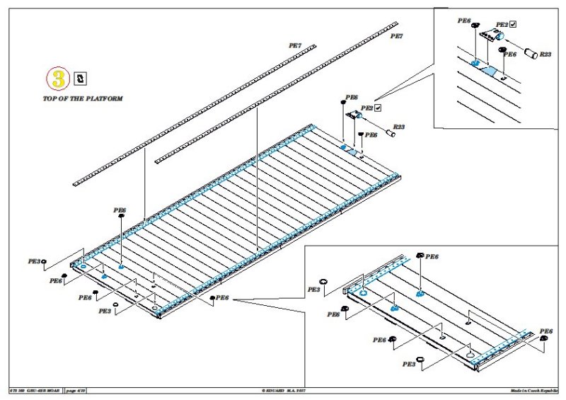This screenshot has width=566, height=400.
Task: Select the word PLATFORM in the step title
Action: tap(103, 99)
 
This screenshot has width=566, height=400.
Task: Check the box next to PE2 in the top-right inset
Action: tap(513, 24)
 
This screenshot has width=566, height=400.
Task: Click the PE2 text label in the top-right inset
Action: tap(501, 24)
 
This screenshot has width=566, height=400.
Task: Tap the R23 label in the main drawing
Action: tap(399, 126)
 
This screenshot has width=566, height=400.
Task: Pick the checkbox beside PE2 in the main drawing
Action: tap(379, 108)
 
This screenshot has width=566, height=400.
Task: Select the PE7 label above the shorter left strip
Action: tap(295, 45)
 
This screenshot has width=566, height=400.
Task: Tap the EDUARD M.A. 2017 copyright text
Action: tap(283, 390)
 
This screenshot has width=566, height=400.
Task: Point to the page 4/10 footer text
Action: tap(76, 390)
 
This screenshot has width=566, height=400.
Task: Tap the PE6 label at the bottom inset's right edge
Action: tap(545, 331)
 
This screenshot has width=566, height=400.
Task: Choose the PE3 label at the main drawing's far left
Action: tap(34, 262)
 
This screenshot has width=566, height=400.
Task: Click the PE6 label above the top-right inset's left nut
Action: tap(465, 22)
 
